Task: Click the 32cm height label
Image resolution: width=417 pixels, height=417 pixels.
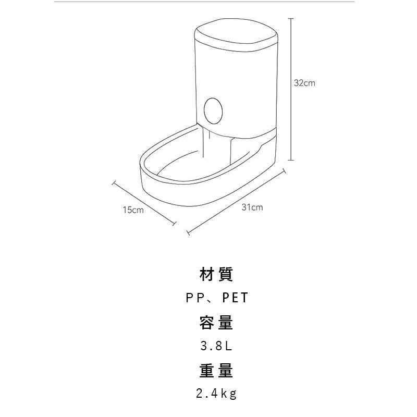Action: point(304,83)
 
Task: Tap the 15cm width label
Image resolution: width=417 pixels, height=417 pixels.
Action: point(133,210)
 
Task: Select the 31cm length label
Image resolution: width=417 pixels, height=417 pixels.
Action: point(252,207)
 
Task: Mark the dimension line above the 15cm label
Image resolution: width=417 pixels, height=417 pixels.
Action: point(144,203)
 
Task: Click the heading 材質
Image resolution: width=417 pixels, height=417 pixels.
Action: point(216,274)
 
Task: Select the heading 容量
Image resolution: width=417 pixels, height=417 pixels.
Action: point(216,323)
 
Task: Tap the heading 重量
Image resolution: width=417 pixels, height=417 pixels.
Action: point(216,371)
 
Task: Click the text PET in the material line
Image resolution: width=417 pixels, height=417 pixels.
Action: point(236,298)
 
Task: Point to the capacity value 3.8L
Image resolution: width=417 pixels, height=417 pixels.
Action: point(216,346)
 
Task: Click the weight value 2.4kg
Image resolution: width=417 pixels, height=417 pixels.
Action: point(216,394)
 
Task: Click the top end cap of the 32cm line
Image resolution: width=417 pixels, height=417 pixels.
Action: point(291,19)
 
